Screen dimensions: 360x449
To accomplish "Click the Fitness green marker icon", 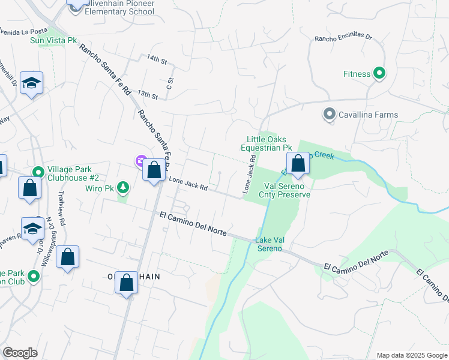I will (379, 74).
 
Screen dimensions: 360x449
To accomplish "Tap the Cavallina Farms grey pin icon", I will (329, 114).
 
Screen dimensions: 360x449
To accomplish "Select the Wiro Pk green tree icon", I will (123, 188).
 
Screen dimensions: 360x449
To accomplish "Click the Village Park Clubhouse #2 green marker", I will (38, 172).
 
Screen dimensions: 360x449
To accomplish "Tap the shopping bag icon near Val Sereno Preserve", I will (298, 163).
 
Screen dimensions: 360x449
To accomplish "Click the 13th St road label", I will (147, 94).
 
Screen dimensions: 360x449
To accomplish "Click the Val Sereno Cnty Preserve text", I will (284, 190).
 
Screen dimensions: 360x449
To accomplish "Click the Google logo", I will (20, 353).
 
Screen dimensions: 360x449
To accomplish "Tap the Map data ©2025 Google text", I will (411, 355).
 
